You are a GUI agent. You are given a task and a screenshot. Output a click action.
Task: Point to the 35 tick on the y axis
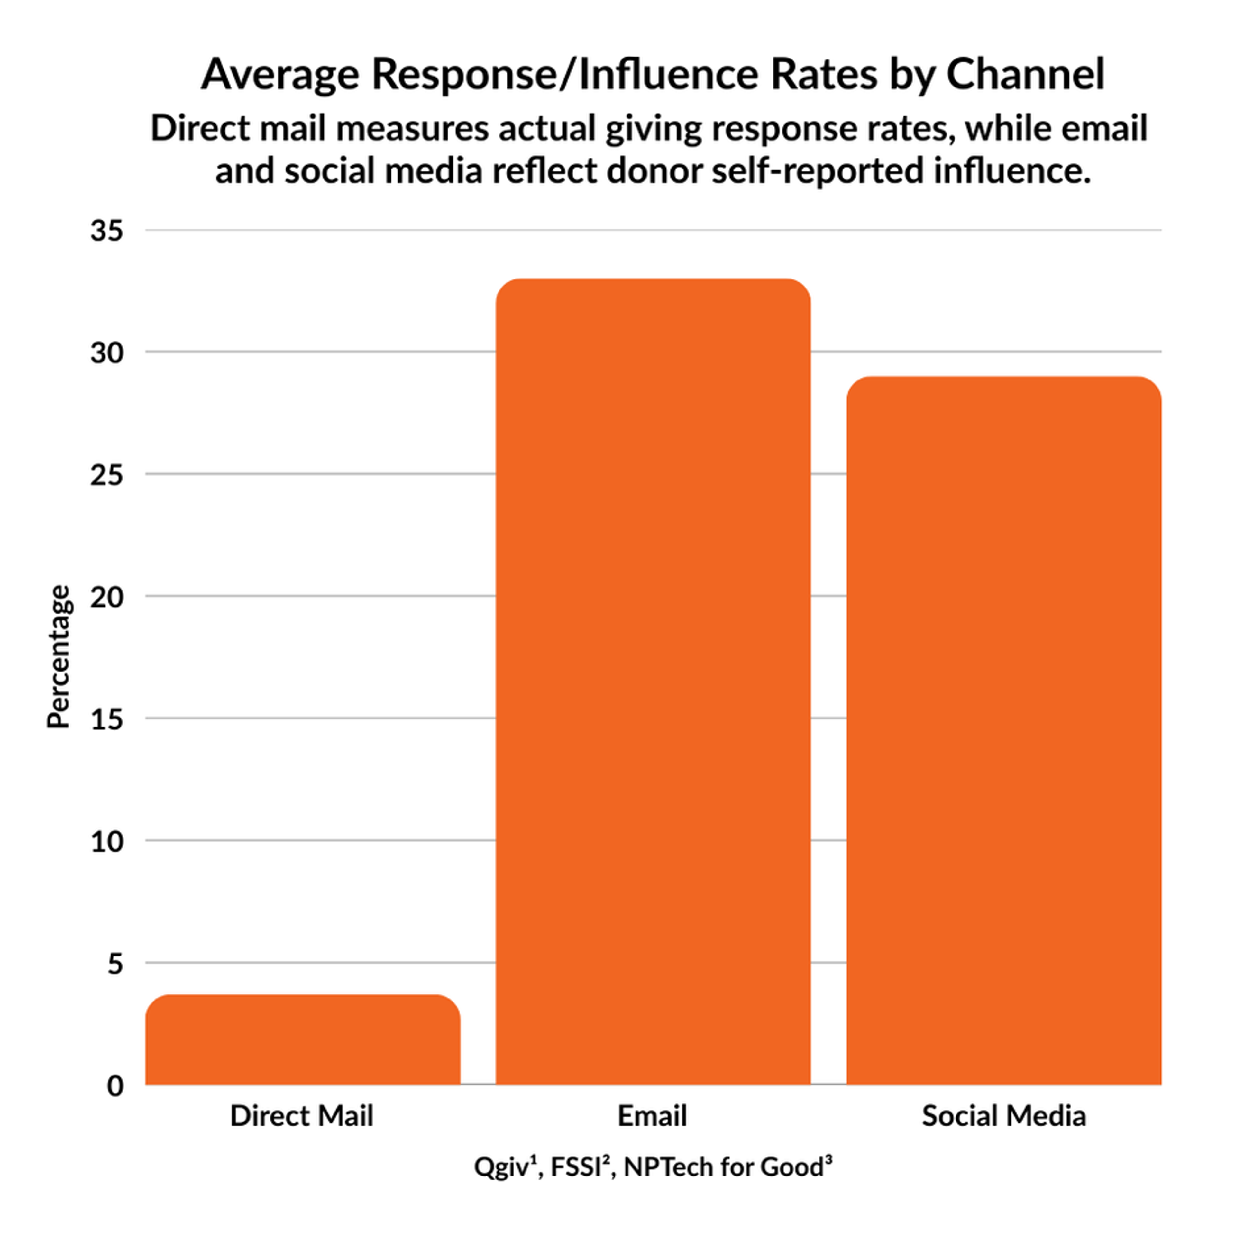click(x=106, y=231)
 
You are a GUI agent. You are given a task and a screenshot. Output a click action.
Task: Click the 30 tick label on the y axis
click(x=106, y=353)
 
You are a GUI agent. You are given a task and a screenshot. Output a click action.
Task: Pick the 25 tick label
click(x=106, y=475)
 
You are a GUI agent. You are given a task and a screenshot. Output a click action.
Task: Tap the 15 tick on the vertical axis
click(x=106, y=719)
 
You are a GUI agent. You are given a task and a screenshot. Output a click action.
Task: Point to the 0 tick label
click(x=115, y=1085)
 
